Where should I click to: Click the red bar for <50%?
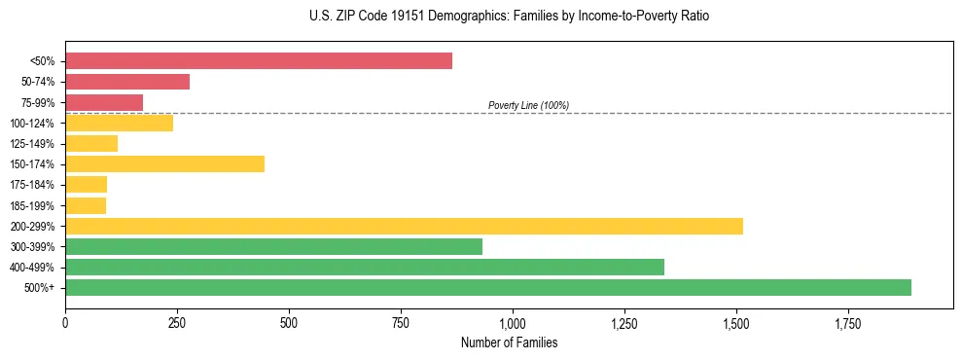click(259, 61)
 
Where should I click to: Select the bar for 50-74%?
click(127, 82)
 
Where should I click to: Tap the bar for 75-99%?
click(104, 102)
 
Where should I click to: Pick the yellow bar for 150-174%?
click(164, 163)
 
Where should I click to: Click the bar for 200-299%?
click(404, 226)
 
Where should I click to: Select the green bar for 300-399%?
click(273, 246)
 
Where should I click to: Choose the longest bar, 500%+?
click(488, 287)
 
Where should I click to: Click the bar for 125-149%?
click(91, 143)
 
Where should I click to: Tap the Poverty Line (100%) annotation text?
click(528, 105)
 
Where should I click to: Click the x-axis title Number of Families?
click(509, 342)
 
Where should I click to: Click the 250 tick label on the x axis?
click(177, 322)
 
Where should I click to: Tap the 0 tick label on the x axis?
click(65, 322)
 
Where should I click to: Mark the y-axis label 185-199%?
click(32, 205)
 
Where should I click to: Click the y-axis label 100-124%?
click(32, 123)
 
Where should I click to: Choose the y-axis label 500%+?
click(40, 287)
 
